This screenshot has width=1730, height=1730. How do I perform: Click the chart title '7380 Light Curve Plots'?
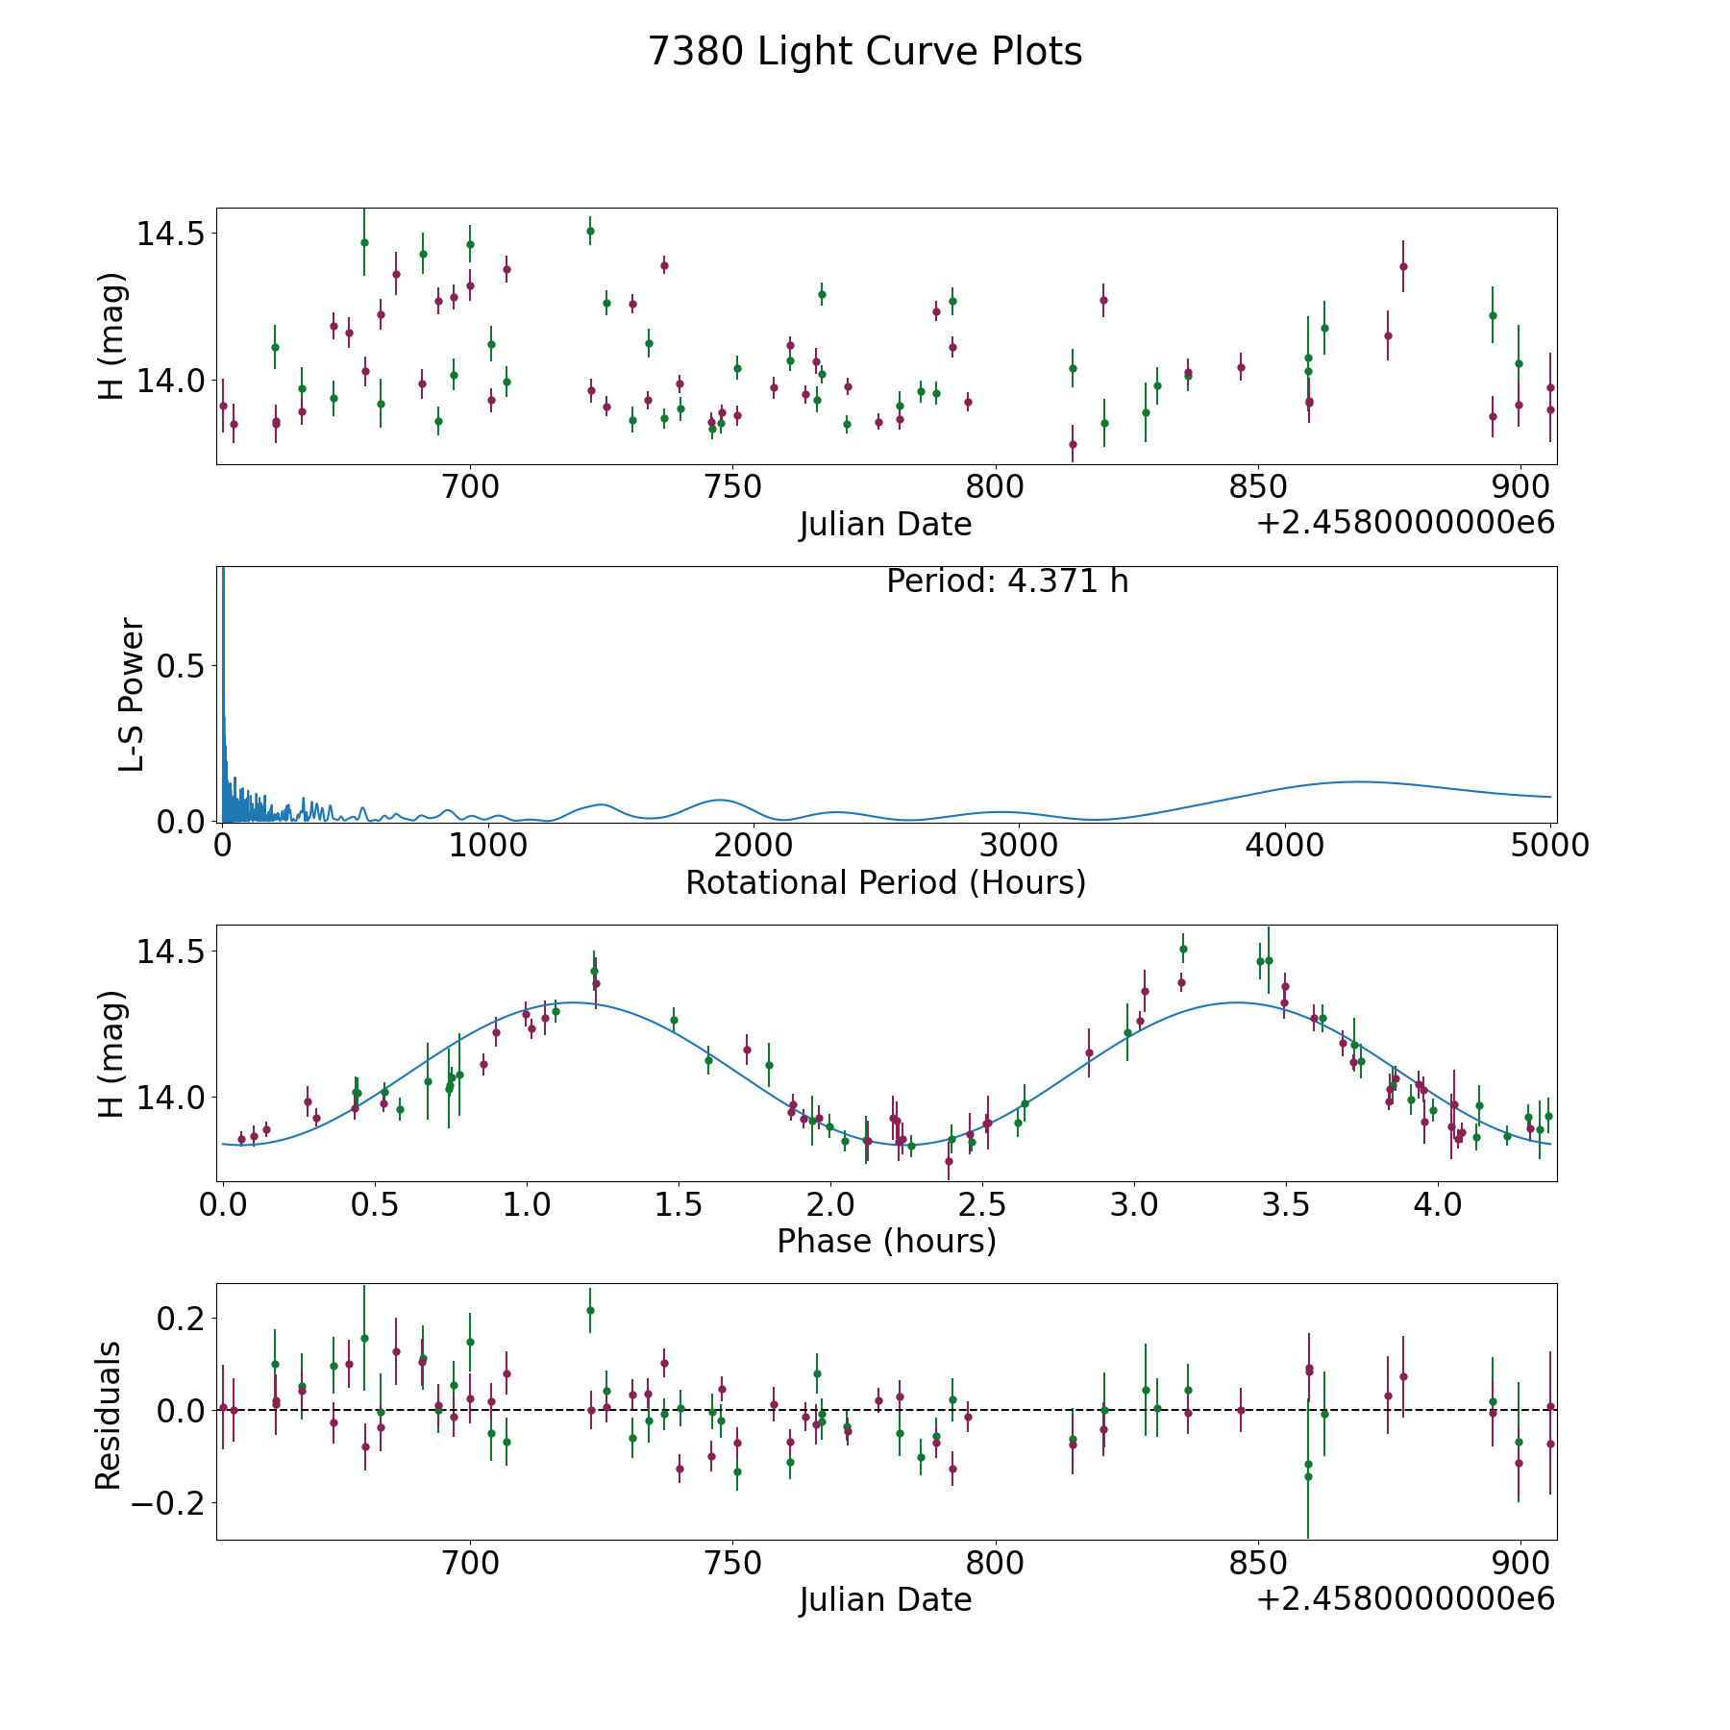[x=865, y=52]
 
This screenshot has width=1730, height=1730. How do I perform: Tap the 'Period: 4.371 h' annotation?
[x=1007, y=581]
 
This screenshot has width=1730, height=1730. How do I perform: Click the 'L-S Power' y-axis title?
[x=133, y=695]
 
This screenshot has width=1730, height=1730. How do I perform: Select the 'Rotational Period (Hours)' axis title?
[x=885, y=882]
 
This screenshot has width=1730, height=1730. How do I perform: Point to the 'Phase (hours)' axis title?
[x=885, y=1241]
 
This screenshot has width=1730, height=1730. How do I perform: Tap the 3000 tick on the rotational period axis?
[x=1018, y=846]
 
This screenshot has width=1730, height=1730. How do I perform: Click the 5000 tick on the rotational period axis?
[x=1550, y=846]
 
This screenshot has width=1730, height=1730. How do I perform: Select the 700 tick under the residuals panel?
[x=470, y=1564]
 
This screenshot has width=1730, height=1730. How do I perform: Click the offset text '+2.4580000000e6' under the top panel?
[x=1405, y=524]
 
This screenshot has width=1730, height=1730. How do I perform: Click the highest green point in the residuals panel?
[x=590, y=1310]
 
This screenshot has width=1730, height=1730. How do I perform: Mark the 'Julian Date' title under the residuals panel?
[x=885, y=1600]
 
